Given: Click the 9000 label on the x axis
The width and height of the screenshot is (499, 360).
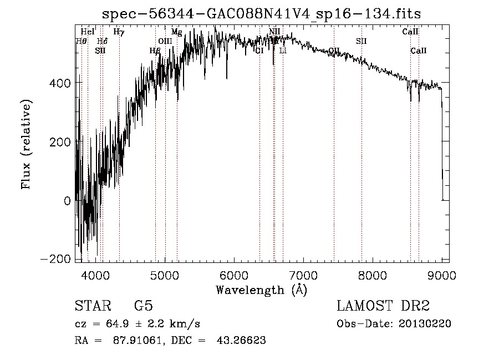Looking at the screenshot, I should (x=442, y=275).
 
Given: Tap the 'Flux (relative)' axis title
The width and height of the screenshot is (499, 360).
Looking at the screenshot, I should (x=26, y=144).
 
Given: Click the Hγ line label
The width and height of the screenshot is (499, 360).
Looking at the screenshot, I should (x=119, y=32).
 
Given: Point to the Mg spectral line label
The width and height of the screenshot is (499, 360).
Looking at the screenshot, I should (x=176, y=32).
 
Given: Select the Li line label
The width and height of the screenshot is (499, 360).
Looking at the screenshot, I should (x=283, y=51).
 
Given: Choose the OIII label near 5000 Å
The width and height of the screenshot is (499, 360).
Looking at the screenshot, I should (x=165, y=41).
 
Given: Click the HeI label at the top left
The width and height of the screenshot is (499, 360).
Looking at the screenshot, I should (x=88, y=32).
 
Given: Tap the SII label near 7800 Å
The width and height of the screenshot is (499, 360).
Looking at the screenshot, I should (x=361, y=41).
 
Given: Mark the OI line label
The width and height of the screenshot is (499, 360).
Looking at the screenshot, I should (x=259, y=51).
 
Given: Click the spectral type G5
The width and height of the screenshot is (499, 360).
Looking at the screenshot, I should (x=143, y=306).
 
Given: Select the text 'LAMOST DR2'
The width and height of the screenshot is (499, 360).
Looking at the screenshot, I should (x=383, y=306).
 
